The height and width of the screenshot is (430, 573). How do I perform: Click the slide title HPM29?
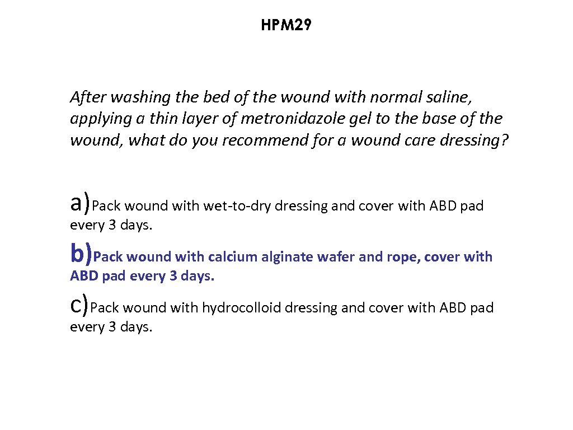point(286,25)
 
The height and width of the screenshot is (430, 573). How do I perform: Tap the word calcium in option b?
point(230,257)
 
